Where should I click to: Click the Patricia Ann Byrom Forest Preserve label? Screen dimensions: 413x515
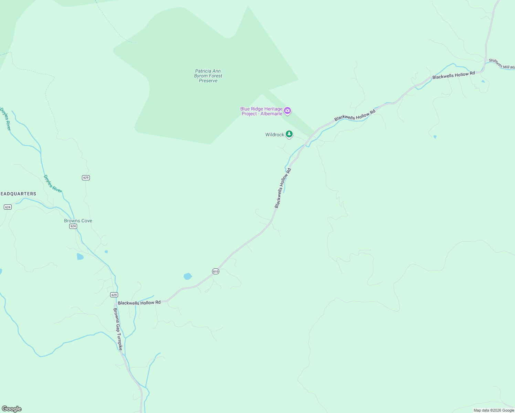[208, 76]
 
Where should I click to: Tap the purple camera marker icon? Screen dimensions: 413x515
[287, 111]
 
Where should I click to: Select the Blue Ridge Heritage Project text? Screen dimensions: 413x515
[261, 111]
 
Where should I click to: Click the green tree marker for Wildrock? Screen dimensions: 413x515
[289, 134]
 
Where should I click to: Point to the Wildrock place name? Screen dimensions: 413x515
[274, 135]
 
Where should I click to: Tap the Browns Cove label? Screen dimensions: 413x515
[78, 221]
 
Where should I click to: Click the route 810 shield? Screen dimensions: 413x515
[216, 271]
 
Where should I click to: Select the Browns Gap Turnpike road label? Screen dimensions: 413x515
[118, 329]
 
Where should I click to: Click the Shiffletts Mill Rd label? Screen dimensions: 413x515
[502, 64]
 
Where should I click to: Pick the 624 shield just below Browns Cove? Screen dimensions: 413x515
[73, 226]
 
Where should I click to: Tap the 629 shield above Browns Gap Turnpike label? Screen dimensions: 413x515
[114, 295]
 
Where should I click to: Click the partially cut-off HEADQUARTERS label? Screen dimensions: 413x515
[18, 194]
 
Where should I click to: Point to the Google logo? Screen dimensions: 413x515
[12, 409]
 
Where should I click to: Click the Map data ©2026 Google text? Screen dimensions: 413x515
[494, 410]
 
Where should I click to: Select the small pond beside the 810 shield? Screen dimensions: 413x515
[188, 276]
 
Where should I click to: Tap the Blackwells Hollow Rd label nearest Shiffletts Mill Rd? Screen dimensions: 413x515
[453, 75]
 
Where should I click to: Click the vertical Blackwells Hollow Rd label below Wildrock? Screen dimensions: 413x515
[283, 188]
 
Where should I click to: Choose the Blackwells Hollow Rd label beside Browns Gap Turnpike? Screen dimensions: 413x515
[139, 303]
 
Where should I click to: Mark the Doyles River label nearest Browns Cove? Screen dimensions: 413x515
[52, 184]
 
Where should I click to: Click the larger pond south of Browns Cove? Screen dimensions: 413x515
[80, 256]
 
